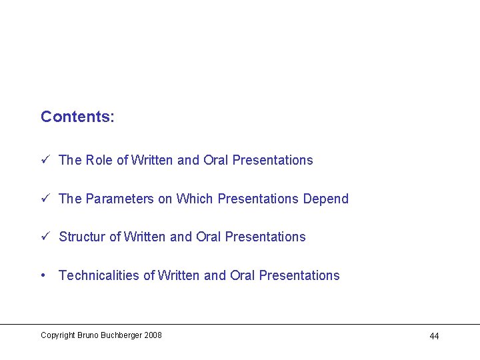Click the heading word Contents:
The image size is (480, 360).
77,117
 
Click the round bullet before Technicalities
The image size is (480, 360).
43,275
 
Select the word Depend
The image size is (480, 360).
326,199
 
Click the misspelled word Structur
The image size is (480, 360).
82,237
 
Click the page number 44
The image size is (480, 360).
434,336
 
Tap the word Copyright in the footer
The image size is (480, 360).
58,335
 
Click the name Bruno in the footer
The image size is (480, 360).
87,335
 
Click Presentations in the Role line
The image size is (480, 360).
273,160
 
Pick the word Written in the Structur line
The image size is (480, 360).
146,237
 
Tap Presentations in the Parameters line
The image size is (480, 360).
258,199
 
